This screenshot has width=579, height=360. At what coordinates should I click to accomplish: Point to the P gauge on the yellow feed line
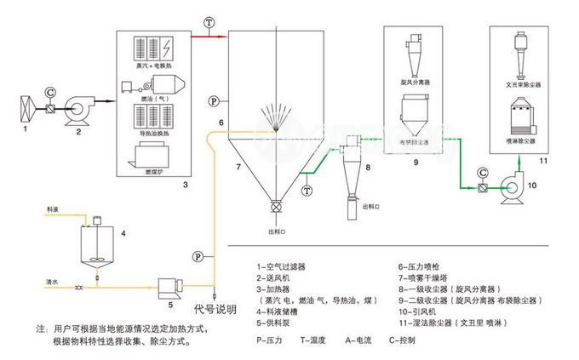point(198,255)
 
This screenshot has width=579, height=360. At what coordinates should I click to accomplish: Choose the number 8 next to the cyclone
point(368,169)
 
